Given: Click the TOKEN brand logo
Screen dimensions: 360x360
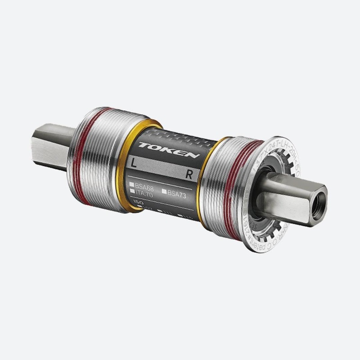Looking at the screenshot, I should coord(169,150).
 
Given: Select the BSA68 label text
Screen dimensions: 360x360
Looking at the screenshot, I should coord(144,185).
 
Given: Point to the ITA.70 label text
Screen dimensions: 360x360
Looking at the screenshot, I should coord(144,192).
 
